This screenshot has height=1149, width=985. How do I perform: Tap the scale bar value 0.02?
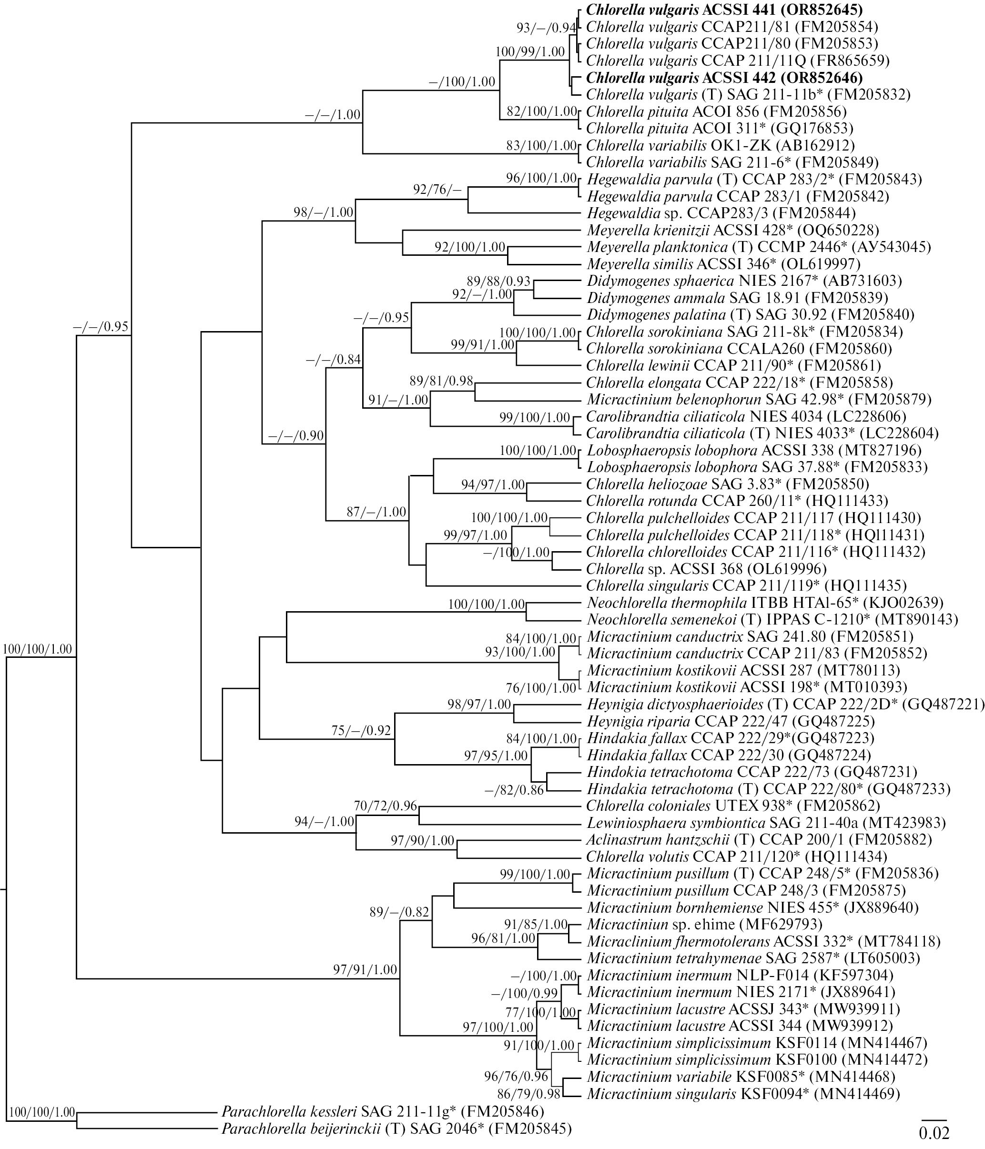[x=934, y=1133]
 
